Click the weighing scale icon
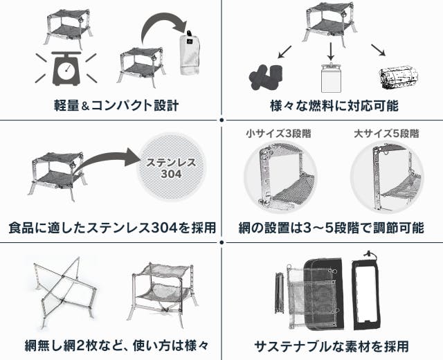tap(66, 69)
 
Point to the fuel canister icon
tap(331, 77)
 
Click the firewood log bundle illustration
tap(399, 78)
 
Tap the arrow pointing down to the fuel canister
tap(330, 51)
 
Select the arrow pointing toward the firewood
tap(379, 51)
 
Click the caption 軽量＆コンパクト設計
tap(116, 105)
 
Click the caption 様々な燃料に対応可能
tap(334, 105)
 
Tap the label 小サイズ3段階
tap(278, 133)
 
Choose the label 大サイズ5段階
tap(386, 133)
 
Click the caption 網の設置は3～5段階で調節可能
tap(332, 228)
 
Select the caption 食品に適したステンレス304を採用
tap(112, 228)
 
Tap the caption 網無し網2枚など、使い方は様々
tap(116, 345)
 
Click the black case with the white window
tap(366, 293)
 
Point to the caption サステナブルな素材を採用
tap(332, 346)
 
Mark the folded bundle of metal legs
tap(278, 292)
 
